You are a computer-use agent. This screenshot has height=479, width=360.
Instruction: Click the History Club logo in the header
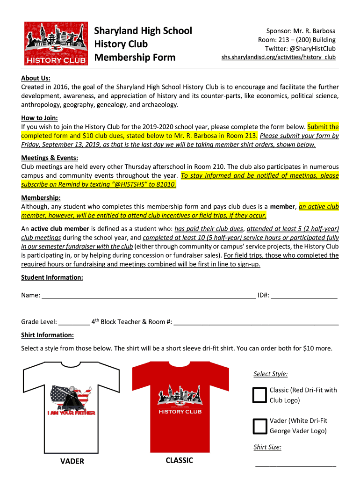(x=56, y=44)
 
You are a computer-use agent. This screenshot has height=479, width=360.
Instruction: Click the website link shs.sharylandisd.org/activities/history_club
(x=278, y=58)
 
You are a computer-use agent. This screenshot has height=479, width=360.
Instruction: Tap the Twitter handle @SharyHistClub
(x=300, y=49)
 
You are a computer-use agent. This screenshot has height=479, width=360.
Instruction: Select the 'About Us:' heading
(x=36, y=78)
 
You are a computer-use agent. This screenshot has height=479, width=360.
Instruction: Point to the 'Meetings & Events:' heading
(x=50, y=158)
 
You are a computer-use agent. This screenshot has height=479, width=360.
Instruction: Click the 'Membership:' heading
(x=41, y=197)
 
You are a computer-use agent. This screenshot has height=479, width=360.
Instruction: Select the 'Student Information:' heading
(x=52, y=277)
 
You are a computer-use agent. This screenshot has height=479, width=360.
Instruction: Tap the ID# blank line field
(x=304, y=296)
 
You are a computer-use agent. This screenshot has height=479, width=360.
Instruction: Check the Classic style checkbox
(x=259, y=395)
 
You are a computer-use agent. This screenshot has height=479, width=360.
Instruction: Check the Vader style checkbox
(x=259, y=426)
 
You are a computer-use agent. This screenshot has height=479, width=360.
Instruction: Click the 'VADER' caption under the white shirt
(x=72, y=462)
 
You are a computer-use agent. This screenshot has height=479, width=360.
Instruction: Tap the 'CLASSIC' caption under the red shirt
(x=179, y=461)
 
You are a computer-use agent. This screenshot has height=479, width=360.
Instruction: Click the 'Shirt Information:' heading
(x=47, y=335)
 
